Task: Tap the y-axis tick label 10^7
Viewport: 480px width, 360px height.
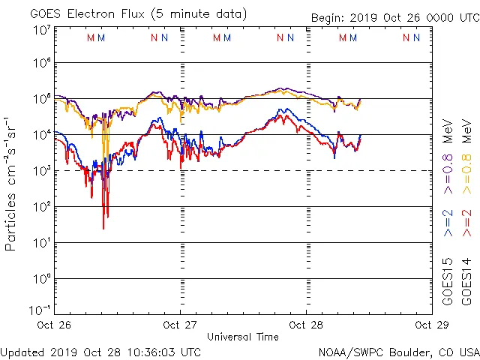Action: pos(42,30)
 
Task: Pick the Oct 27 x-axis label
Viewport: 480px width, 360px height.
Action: pos(180,325)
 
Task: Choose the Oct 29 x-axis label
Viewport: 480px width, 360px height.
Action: pos(424,325)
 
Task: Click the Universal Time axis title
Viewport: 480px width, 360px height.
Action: pos(242,337)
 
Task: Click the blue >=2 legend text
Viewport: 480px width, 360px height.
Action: pos(448,225)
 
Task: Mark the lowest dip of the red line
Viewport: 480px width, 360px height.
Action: pos(104,228)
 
